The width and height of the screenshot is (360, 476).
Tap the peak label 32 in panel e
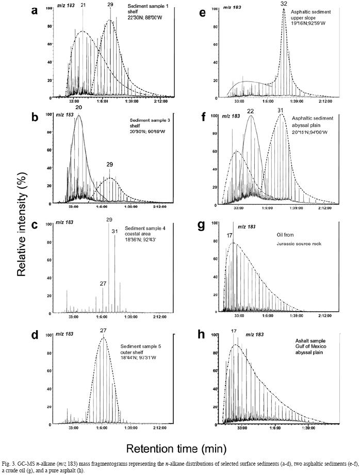coord(284,4)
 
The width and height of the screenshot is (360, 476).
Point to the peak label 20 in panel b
coord(79,109)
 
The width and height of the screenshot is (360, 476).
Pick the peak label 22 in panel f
coord(251,111)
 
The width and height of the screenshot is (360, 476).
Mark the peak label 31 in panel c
coord(115,231)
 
